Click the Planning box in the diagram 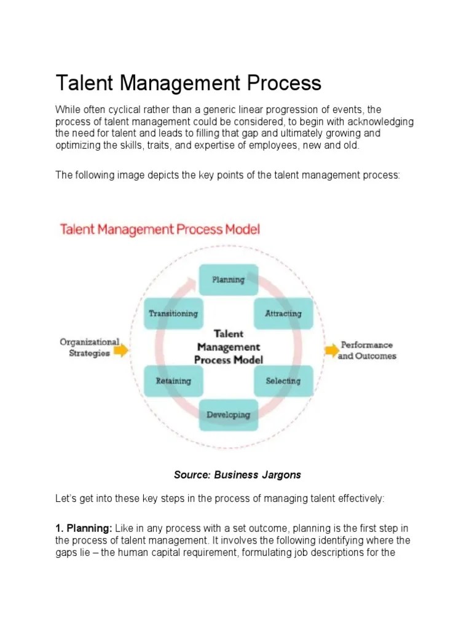228,279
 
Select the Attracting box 283,313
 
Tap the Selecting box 283,381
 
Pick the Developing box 228,415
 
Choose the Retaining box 173,381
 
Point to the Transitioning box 173,313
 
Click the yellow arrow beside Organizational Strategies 122,350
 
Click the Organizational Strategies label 89,347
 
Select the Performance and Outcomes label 368,350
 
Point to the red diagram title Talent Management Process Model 160,230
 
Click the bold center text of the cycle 229,347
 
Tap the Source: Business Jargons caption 237,475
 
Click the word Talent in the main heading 81,83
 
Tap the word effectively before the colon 358,499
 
